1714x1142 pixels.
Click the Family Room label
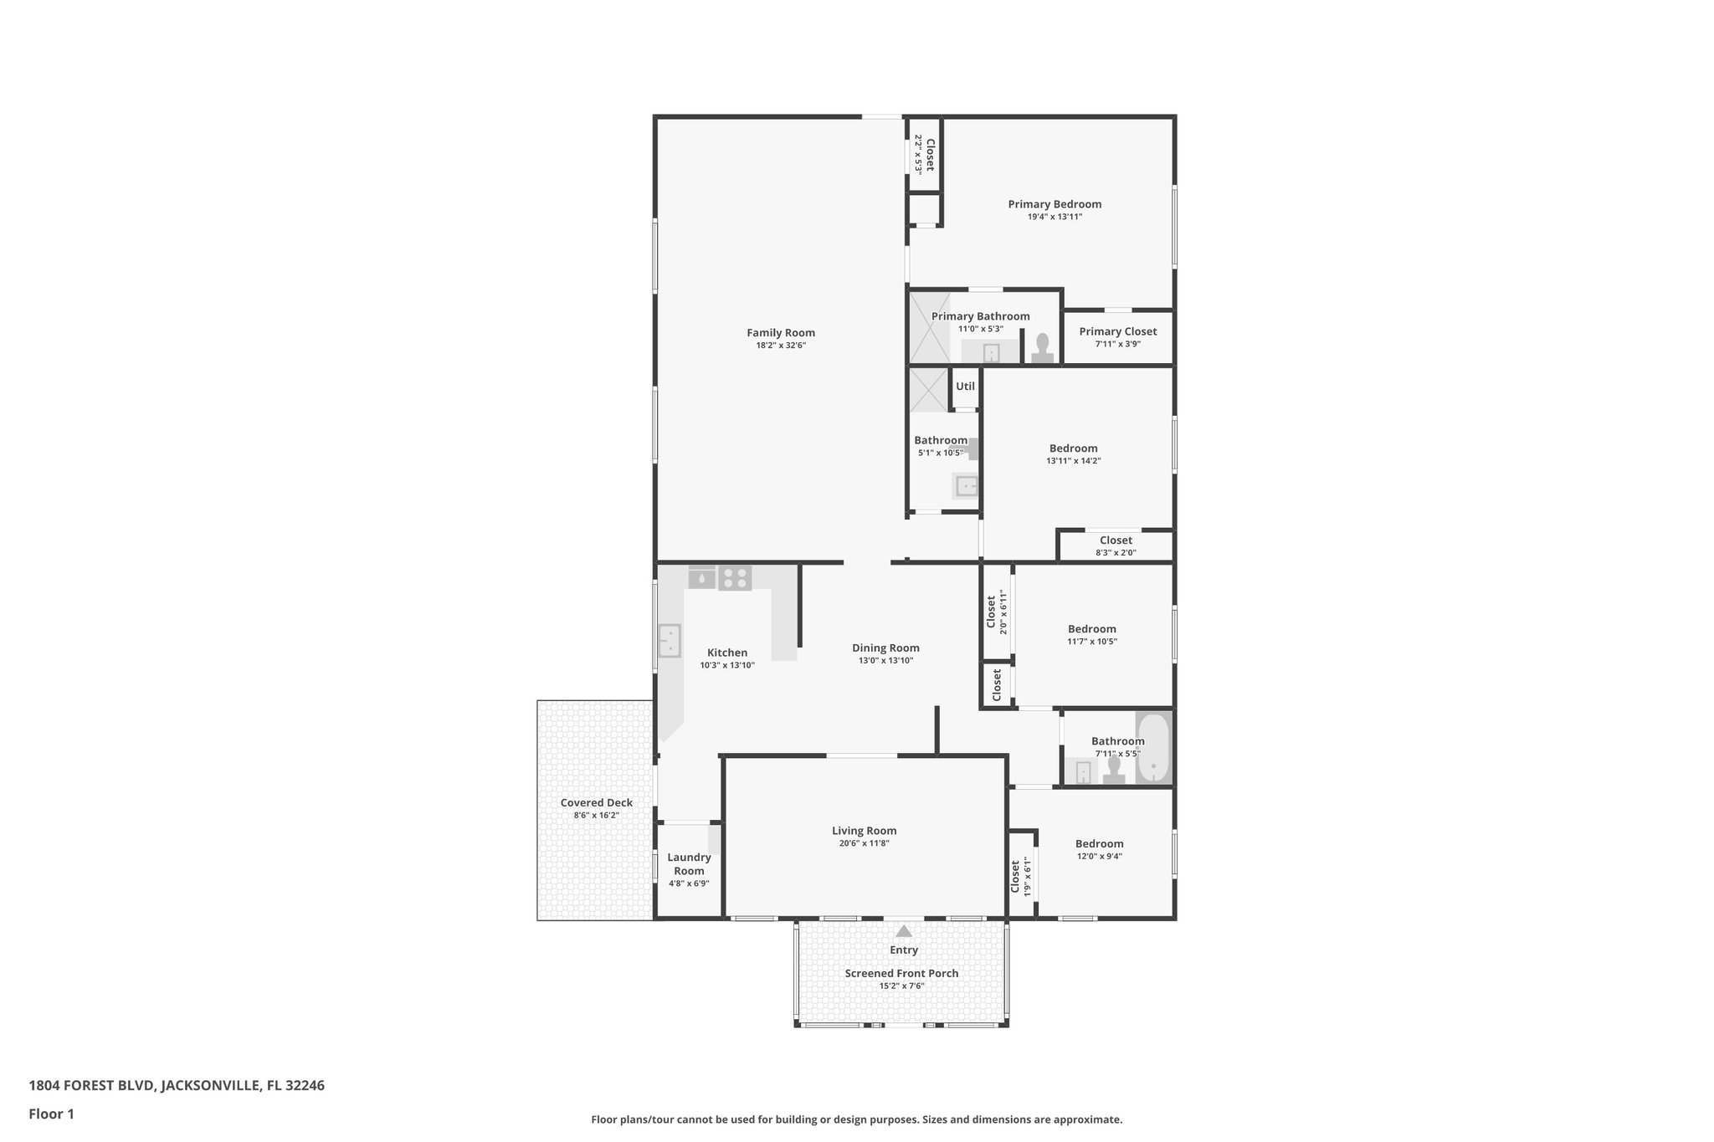(780, 333)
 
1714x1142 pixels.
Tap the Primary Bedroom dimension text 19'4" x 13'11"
(1055, 217)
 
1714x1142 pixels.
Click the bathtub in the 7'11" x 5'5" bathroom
(1153, 747)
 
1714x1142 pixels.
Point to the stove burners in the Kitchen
(735, 577)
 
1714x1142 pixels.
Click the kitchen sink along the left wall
(669, 641)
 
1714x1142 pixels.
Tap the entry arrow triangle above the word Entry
(903, 930)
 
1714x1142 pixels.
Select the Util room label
(965, 387)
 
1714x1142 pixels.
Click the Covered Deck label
(596, 803)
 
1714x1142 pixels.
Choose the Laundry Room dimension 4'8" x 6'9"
(689, 883)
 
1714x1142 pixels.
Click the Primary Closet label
(1117, 332)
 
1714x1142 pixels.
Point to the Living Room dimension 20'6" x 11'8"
(864, 843)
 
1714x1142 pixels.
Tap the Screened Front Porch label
(901, 974)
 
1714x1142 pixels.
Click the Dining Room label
(885, 648)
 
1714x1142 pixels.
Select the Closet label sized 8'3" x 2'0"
(1116, 540)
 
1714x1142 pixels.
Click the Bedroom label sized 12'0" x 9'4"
(1099, 844)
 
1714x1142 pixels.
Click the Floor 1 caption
(52, 1114)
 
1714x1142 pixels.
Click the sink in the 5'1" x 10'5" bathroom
(967, 486)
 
